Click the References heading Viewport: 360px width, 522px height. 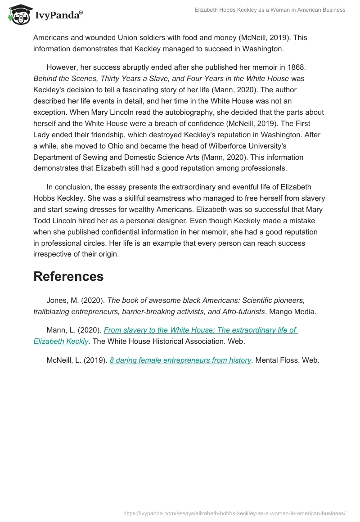tap(68, 276)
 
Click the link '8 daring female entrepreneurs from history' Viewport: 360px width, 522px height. tap(180, 360)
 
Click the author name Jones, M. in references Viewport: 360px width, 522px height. tap(62, 300)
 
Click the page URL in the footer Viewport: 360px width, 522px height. tap(234, 513)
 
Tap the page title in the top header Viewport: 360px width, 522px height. tap(270, 9)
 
